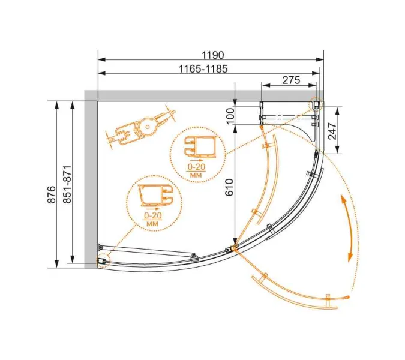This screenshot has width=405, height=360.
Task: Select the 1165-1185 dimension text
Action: coord(203,68)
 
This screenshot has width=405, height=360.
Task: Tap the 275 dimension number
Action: coord(290,80)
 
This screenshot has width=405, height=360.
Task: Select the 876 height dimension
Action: coord(52,193)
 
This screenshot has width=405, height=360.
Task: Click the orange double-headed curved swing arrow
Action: coord(346,227)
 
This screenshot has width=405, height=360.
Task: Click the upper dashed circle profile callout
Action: coord(196,154)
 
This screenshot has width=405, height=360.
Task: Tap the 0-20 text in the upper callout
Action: coord(196,166)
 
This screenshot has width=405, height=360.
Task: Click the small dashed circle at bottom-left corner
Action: coord(101,260)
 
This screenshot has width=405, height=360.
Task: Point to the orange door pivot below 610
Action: coord(233,247)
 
